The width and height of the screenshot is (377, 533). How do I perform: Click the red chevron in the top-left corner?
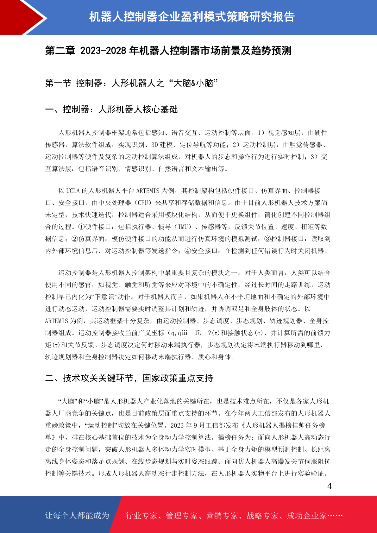coord(19,17)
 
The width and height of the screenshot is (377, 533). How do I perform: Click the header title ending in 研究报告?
coord(192,17)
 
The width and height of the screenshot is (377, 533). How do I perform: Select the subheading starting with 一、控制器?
coord(111,110)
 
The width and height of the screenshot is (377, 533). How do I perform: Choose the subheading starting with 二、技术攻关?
coord(129,378)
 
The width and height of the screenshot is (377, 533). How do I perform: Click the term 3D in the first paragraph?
coord(154,145)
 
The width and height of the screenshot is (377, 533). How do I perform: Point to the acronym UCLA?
coord(73,191)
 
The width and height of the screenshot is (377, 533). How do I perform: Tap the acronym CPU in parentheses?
coord(143,203)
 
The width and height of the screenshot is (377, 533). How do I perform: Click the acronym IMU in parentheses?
coord(183,227)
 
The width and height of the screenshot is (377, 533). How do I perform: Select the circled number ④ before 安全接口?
coord(188,251)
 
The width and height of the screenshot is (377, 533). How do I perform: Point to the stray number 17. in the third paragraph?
coord(198,333)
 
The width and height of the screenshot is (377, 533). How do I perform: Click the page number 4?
coord(329,486)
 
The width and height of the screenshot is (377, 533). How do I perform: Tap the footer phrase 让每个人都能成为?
coord(77,516)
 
